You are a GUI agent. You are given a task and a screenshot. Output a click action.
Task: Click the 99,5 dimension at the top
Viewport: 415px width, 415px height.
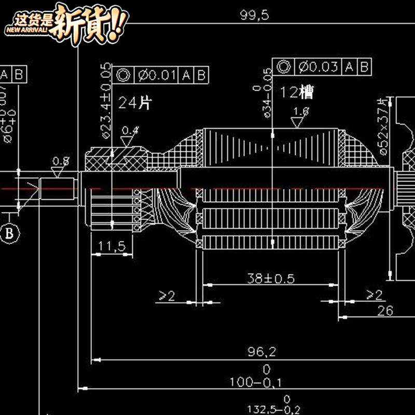coord(254,15)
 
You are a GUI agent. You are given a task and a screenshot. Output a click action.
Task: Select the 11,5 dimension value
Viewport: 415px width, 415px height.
coord(112,246)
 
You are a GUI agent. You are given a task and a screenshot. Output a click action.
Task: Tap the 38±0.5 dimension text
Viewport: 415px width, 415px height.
coord(270,279)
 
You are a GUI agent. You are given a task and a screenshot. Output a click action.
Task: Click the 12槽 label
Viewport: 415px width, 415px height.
coord(297,92)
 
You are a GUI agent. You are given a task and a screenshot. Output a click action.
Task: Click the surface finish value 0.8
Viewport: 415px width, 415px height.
coord(61,160)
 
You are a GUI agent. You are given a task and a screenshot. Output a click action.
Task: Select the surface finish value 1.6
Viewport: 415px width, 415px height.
coord(301,111)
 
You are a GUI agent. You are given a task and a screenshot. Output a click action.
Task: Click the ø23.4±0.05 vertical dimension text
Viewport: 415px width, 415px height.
coord(106,101)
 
